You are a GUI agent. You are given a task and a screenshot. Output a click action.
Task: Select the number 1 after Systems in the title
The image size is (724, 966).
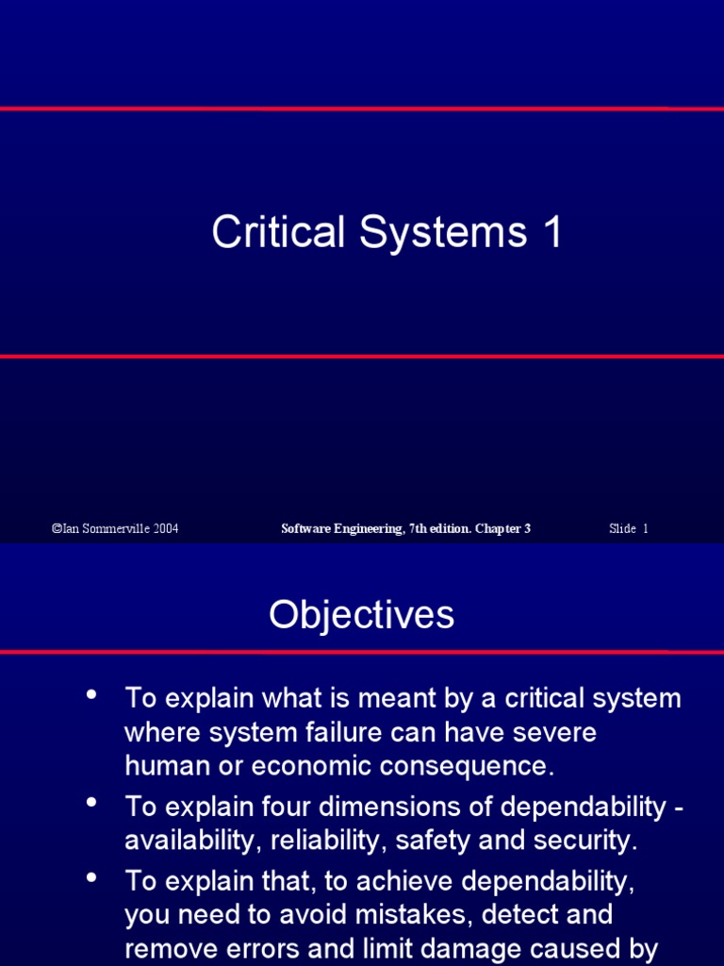tap(551, 232)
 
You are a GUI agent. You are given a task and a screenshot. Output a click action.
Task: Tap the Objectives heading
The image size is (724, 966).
tap(361, 615)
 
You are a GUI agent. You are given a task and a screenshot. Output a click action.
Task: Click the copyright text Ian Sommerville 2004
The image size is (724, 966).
tap(114, 528)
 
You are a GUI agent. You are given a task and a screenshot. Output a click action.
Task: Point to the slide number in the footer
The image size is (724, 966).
tap(629, 528)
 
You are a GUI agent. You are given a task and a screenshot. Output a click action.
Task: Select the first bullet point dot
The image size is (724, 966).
tap(91, 696)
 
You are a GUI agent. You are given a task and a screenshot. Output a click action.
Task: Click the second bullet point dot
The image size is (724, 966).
tap(91, 804)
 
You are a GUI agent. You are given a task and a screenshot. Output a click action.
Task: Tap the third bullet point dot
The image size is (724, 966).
tap(91, 878)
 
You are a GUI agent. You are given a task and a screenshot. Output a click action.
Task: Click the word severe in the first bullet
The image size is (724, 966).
tap(552, 732)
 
